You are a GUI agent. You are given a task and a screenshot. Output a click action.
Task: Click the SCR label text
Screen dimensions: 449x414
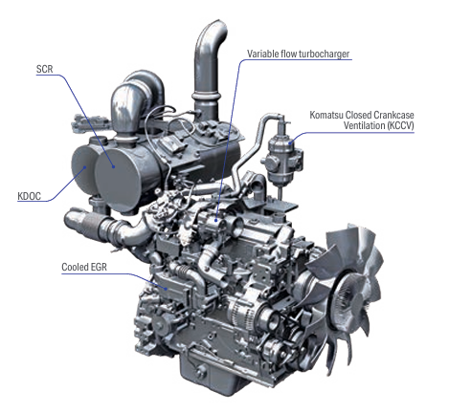click(45, 69)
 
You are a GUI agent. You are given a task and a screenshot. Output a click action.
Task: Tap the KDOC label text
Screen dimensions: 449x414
click(29, 196)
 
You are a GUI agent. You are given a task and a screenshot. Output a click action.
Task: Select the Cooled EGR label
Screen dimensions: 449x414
click(84, 267)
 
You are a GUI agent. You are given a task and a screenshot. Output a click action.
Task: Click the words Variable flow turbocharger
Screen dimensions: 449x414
click(299, 54)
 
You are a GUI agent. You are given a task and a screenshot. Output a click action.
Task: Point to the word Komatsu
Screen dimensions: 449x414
click(326, 115)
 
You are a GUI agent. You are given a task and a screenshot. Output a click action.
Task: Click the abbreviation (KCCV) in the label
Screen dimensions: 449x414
click(400, 125)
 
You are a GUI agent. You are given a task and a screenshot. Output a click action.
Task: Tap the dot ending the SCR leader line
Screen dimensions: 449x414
click(113, 166)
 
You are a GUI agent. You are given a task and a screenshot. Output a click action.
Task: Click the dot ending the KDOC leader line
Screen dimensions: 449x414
click(85, 166)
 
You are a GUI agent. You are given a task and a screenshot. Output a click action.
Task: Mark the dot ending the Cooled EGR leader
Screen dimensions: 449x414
click(167, 289)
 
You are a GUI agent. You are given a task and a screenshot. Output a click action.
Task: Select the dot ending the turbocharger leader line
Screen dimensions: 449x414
click(216, 220)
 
